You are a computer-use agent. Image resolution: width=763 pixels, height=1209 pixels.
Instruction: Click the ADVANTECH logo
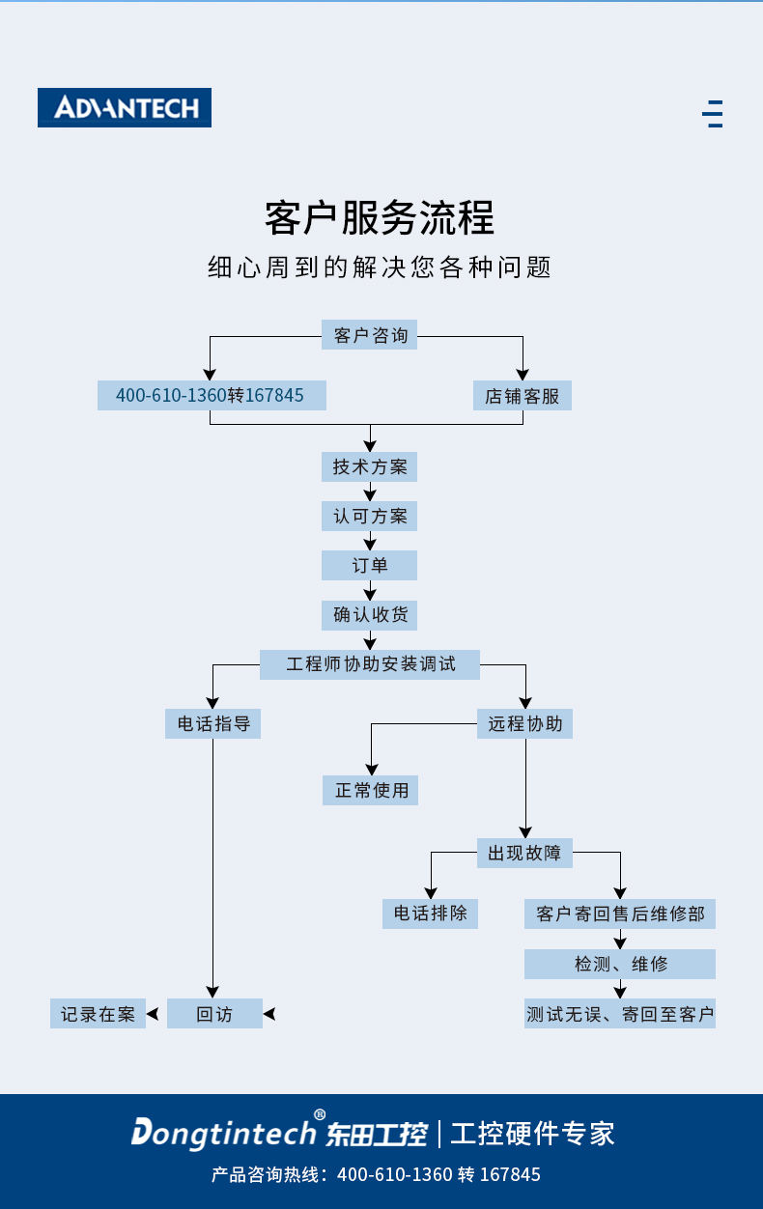point(125,107)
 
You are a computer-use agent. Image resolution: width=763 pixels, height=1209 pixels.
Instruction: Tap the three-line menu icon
point(713,114)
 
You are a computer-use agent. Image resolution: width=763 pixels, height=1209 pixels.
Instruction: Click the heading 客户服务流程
point(380,218)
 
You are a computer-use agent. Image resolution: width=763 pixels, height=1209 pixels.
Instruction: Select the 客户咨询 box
point(370,336)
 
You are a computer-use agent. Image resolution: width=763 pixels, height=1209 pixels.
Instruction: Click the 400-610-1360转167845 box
point(212,395)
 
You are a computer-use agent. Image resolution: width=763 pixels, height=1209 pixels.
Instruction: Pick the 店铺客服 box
point(523,396)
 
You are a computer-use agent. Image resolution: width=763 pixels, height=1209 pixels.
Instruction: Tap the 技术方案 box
point(370,467)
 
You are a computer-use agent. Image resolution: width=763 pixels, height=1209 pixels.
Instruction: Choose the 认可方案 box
point(370,516)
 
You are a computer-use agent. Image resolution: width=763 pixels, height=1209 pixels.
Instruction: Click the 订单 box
point(370,565)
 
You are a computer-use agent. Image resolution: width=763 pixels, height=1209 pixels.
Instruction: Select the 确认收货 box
point(370,615)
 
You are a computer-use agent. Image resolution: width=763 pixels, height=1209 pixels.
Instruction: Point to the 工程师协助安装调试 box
point(370,664)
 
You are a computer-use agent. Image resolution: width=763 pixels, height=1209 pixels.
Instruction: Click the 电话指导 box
point(213,723)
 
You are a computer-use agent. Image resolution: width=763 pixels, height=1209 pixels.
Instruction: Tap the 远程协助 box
point(525,723)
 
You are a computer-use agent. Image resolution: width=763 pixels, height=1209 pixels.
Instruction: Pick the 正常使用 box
point(371,790)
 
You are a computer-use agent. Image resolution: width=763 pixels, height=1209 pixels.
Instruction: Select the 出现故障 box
point(525,853)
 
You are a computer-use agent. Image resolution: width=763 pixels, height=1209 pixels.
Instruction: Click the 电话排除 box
point(431,914)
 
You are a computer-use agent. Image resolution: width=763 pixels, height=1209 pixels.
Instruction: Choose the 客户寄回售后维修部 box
point(620,914)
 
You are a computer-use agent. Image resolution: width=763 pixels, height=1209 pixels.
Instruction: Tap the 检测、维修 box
point(620,964)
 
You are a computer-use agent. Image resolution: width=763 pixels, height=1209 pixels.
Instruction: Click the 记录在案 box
point(98,1014)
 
